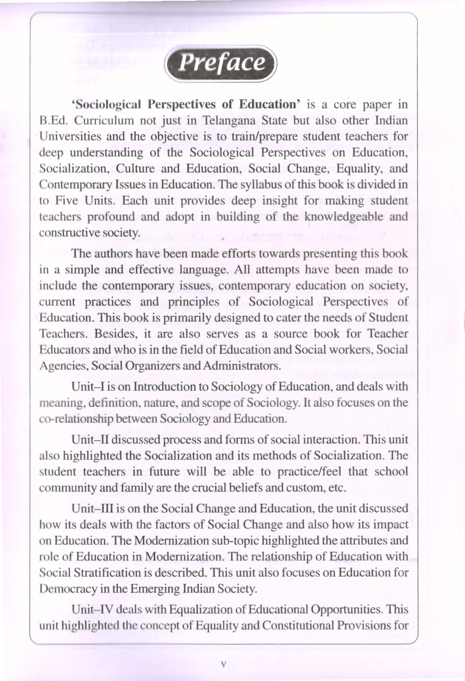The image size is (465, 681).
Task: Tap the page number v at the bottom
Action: (x=223, y=664)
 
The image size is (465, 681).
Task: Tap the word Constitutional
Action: (x=297, y=626)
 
